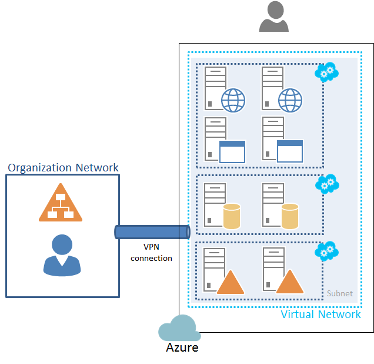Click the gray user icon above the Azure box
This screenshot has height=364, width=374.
pos(273,16)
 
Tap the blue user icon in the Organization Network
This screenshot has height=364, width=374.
pos(62,256)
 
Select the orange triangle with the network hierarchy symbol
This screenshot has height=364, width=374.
pos(60,203)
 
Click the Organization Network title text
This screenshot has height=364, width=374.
pos(63,168)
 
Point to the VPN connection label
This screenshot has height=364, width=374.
pos(151,253)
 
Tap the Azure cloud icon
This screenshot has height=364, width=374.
pos(179,329)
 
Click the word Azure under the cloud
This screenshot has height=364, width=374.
pos(182,348)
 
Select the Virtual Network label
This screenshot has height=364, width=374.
pos(320,314)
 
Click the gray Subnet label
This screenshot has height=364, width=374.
pos(340,293)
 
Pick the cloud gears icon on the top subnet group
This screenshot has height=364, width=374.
pos(326,72)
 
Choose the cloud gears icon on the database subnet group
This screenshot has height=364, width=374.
pos(327,184)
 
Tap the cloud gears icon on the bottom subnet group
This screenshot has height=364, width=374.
pos(326,251)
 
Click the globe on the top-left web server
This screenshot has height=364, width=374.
pos(233,100)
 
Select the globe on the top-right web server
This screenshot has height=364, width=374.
pos(290,100)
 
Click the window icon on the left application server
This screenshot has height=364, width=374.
pos(232,151)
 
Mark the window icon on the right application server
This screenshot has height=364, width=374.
pos(289,151)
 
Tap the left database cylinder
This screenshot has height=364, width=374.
pos(232,216)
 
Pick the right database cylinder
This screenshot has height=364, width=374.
pos(290,216)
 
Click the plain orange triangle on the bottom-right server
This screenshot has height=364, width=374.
pos(289,283)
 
